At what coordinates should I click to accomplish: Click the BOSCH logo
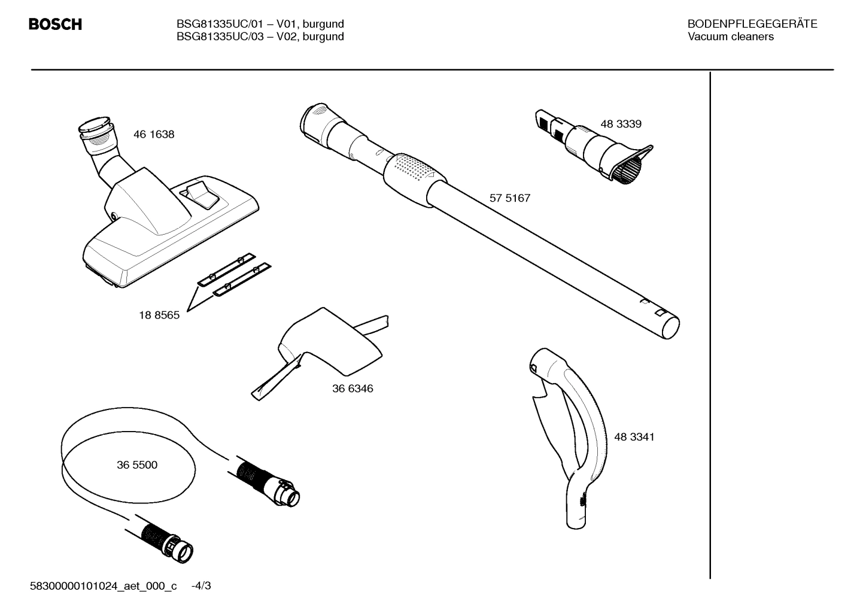click(55, 25)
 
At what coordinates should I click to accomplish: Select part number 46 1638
click(154, 135)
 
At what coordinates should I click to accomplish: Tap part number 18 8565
click(159, 315)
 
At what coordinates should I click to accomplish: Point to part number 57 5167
click(510, 198)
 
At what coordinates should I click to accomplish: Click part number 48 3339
click(621, 124)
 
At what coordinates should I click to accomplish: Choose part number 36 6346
click(353, 389)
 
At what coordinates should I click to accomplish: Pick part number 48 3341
click(634, 437)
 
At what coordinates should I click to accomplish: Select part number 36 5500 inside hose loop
click(137, 465)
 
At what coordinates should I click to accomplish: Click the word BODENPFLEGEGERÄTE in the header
click(752, 24)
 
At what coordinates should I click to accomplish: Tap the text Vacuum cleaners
click(730, 37)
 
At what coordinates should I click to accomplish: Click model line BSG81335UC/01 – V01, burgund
click(260, 24)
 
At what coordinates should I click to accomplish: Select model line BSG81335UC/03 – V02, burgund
click(260, 37)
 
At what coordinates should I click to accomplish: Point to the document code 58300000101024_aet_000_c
click(104, 585)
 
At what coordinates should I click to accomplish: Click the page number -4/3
click(201, 585)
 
